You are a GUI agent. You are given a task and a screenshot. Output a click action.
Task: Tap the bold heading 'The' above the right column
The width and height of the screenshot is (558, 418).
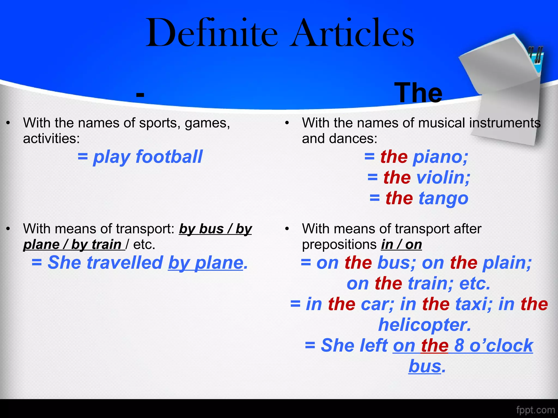tap(418, 93)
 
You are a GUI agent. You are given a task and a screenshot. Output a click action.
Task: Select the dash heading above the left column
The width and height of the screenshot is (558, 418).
tap(140, 94)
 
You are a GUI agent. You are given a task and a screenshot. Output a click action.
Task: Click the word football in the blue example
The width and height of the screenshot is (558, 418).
tap(169, 157)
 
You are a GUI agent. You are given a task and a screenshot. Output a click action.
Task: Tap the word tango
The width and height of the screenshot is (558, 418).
tap(443, 198)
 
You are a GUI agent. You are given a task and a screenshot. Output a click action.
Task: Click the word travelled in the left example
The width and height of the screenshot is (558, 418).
tap(125, 263)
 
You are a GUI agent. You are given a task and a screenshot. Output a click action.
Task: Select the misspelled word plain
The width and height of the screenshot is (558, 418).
tap(507, 263)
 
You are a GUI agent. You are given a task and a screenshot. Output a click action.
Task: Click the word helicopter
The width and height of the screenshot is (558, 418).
tap(424, 325)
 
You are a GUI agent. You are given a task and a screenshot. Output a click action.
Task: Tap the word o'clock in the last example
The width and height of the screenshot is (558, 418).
tap(501, 345)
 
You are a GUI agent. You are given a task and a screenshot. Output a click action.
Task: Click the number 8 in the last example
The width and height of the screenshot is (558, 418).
tap(459, 345)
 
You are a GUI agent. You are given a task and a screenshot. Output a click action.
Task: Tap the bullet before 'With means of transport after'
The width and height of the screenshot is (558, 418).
tap(287, 229)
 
